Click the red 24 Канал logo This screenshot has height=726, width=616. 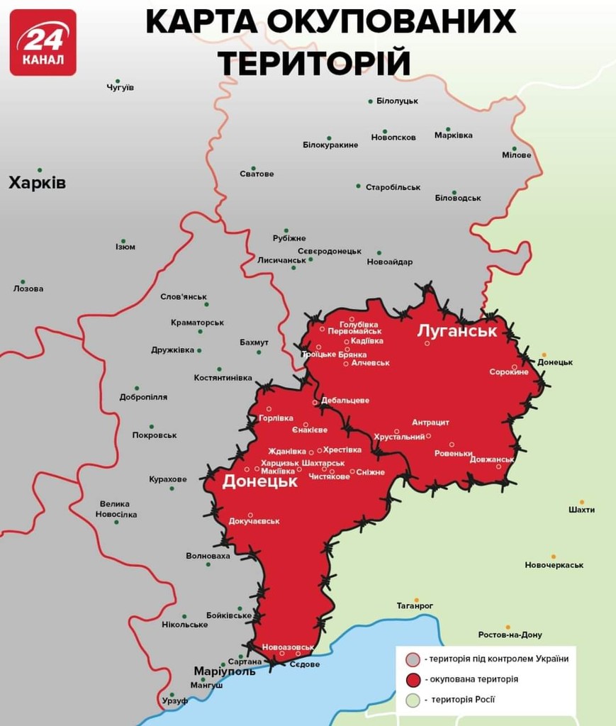[43, 43]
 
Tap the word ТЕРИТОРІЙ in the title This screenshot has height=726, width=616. [313, 62]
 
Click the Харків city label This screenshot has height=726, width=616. [37, 184]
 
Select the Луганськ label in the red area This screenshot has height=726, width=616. [457, 330]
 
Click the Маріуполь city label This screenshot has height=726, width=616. [225, 671]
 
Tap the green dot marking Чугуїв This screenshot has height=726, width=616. [118, 82]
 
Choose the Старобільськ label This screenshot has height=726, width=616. [393, 187]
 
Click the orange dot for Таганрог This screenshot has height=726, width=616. [417, 600]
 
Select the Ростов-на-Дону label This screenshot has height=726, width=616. [510, 635]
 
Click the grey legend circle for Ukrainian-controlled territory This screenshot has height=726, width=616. [411, 659]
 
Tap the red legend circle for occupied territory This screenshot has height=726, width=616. [411, 679]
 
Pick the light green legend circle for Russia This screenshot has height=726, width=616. [411, 700]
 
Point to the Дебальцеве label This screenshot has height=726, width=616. [345, 401]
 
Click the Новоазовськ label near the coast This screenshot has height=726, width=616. [288, 647]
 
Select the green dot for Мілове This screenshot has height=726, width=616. [515, 149]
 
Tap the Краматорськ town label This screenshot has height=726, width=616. [197, 323]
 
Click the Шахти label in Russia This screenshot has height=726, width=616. [581, 510]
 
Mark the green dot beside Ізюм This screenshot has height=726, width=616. [123, 241]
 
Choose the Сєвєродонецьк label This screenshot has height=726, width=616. [329, 251]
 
